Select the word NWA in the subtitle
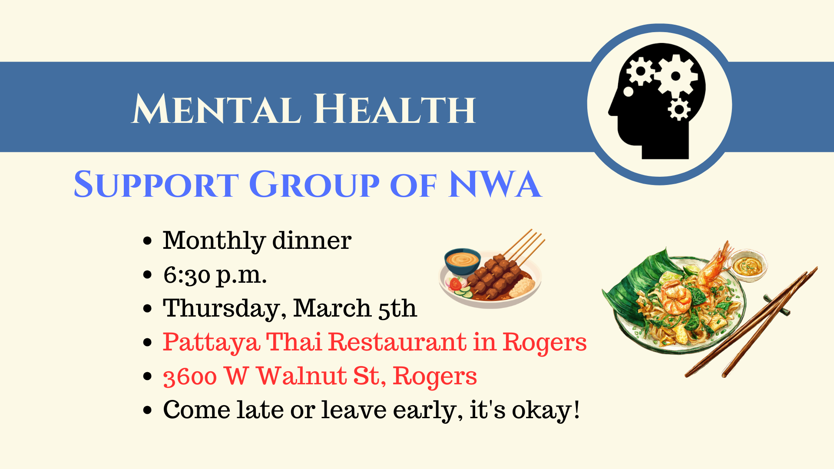click(x=495, y=185)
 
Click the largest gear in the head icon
click(x=676, y=76)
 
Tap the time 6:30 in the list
click(x=187, y=275)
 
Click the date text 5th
click(x=397, y=308)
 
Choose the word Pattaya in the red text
click(x=212, y=343)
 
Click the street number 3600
click(x=190, y=377)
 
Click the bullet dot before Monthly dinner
click(x=148, y=241)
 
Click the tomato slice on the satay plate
click(x=455, y=284)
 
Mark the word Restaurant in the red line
click(x=397, y=342)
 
